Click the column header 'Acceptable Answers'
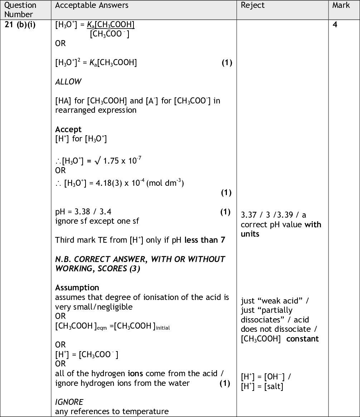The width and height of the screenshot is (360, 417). click(92, 5)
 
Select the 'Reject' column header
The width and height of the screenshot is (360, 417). click(253, 5)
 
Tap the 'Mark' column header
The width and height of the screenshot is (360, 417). click(341, 5)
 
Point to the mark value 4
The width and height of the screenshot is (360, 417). click(335, 25)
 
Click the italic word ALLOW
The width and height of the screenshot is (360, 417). click(68, 82)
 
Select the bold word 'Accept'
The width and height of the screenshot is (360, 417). click(68, 129)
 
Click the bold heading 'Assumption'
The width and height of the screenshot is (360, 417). click(77, 288)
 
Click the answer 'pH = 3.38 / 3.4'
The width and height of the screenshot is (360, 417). click(86, 212)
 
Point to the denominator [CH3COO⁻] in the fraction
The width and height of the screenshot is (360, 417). click(110, 34)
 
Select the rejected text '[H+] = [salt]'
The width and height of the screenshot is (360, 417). click(262, 386)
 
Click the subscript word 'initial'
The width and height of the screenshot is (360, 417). click(162, 328)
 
